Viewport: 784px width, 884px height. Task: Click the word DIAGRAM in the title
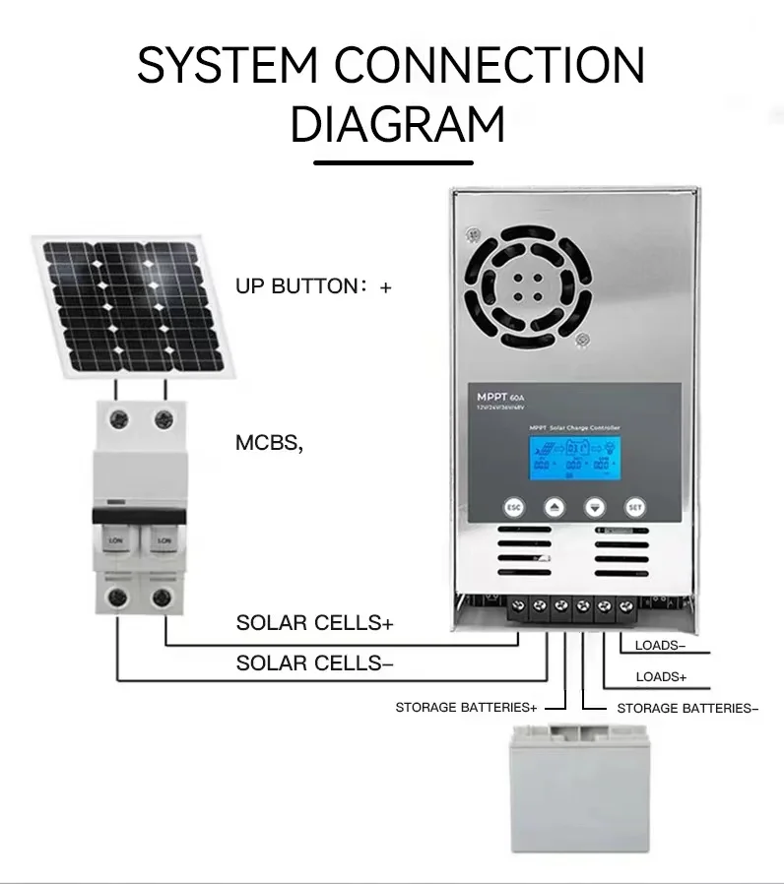click(x=398, y=125)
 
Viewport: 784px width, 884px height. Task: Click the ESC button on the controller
click(x=512, y=507)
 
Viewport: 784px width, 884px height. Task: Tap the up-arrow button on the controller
click(x=555, y=507)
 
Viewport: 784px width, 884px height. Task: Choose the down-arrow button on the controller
click(x=595, y=507)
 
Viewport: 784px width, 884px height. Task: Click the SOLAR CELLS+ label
click(x=314, y=623)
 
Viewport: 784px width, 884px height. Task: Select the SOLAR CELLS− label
click(x=314, y=663)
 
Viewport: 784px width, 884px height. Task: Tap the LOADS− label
click(x=661, y=646)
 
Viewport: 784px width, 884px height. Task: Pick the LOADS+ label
click(x=661, y=677)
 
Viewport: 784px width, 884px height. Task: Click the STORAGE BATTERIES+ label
click(x=466, y=708)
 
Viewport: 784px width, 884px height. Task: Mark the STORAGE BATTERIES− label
click(x=686, y=708)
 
